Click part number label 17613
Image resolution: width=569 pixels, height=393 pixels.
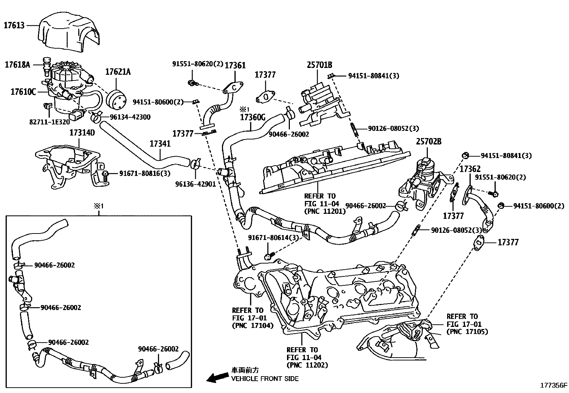[14, 25]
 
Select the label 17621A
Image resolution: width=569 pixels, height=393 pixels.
[118, 72]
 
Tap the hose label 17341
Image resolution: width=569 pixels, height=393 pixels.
[160, 144]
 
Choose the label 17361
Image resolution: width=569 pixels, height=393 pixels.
[235, 65]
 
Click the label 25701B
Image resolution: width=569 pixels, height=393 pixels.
[319, 65]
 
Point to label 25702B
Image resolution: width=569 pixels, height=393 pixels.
[428, 142]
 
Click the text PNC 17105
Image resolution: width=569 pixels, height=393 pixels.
[467, 332]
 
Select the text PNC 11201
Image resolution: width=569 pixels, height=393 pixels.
[325, 211]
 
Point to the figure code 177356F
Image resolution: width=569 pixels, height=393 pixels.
[553, 385]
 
